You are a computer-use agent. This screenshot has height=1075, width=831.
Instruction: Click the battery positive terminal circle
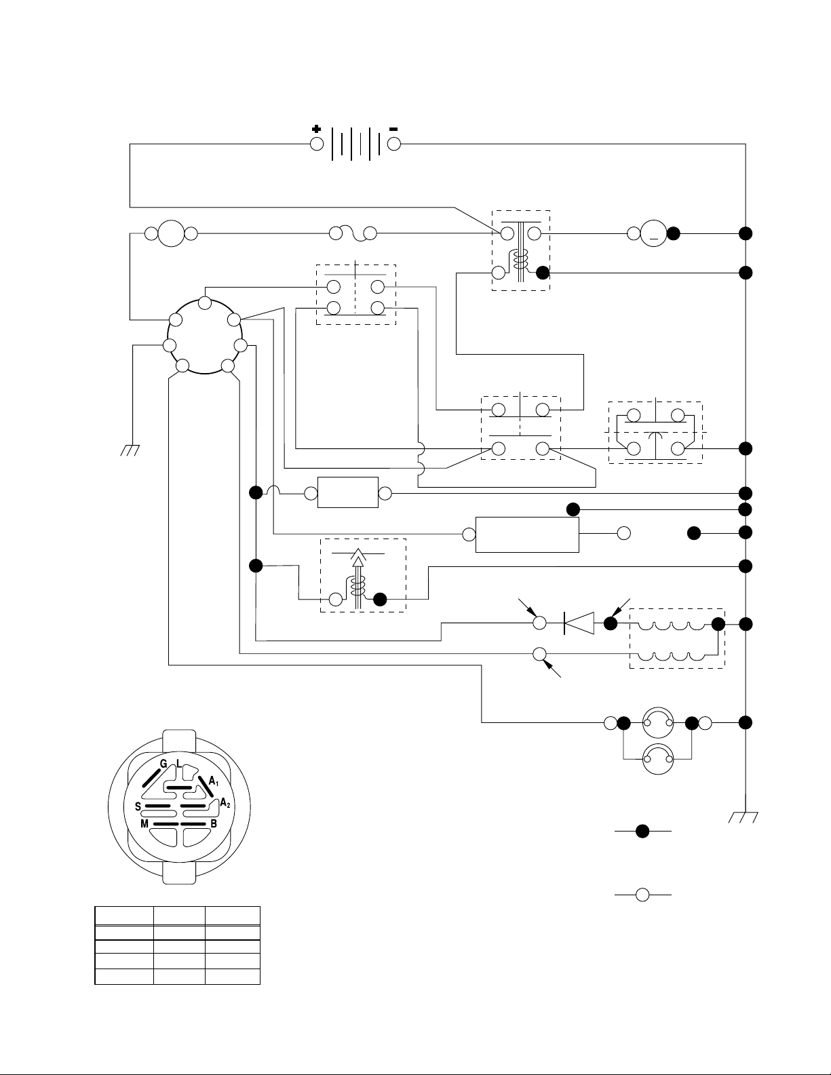(x=317, y=144)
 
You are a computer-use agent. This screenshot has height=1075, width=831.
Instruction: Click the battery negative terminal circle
(x=394, y=144)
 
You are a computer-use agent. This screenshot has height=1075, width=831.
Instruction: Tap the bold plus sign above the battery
(x=316, y=129)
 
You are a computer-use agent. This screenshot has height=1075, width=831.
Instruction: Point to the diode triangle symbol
(x=580, y=623)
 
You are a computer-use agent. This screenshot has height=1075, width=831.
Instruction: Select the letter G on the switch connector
(x=163, y=764)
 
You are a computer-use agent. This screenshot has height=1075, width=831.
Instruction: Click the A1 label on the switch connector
(x=214, y=782)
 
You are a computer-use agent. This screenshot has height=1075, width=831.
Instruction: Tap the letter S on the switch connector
(x=138, y=806)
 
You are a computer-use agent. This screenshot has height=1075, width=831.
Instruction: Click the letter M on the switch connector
(x=144, y=823)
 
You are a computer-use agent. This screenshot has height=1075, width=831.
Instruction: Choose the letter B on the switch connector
(x=214, y=823)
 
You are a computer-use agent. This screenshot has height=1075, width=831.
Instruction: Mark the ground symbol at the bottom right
(x=745, y=817)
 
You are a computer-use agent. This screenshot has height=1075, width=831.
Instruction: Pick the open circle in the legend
(x=643, y=895)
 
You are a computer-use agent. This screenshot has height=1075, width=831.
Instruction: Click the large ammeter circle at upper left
(x=171, y=234)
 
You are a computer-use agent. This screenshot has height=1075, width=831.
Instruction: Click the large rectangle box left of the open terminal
(x=528, y=534)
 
